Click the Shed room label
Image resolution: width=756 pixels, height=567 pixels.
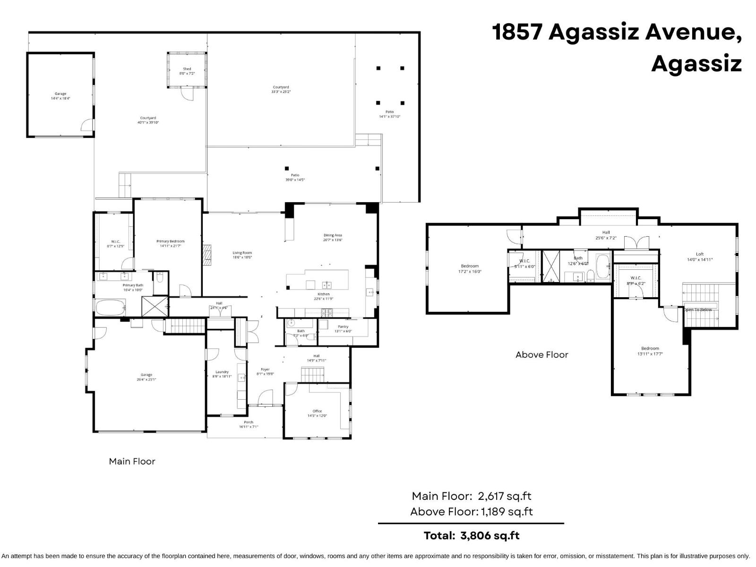pos(187,71)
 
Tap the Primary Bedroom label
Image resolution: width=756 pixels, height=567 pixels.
pos(170,243)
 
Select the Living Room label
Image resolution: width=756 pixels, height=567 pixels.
pos(242,255)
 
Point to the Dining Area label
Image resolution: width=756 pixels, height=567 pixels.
pos(333,237)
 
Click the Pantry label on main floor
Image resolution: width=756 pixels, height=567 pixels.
pos(343,328)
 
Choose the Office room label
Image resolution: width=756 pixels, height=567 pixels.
pos(317,413)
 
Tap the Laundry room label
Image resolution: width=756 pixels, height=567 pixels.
pos(222,374)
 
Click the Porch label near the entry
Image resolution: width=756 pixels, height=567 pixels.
pos(249,424)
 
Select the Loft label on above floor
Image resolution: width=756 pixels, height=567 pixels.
pos(699,257)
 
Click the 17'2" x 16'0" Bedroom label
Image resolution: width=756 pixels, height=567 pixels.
pos(470,268)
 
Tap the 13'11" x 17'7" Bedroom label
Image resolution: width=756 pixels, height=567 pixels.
pos(650,351)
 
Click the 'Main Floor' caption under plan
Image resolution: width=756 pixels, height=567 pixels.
pos(132,461)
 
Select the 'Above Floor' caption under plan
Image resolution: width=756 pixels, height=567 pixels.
pos(541,354)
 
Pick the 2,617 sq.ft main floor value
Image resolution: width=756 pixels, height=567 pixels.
pos(505,496)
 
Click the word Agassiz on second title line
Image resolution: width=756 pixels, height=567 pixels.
pos(696,63)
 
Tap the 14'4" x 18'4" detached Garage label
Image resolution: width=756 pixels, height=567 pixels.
pos(60,96)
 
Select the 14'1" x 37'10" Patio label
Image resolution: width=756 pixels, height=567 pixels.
pos(389,114)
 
